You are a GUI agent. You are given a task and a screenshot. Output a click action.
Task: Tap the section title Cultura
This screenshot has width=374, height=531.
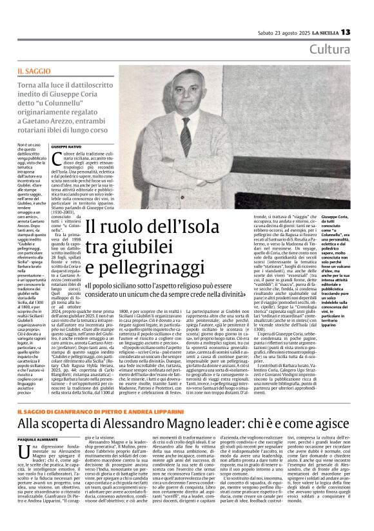click(330, 50)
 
